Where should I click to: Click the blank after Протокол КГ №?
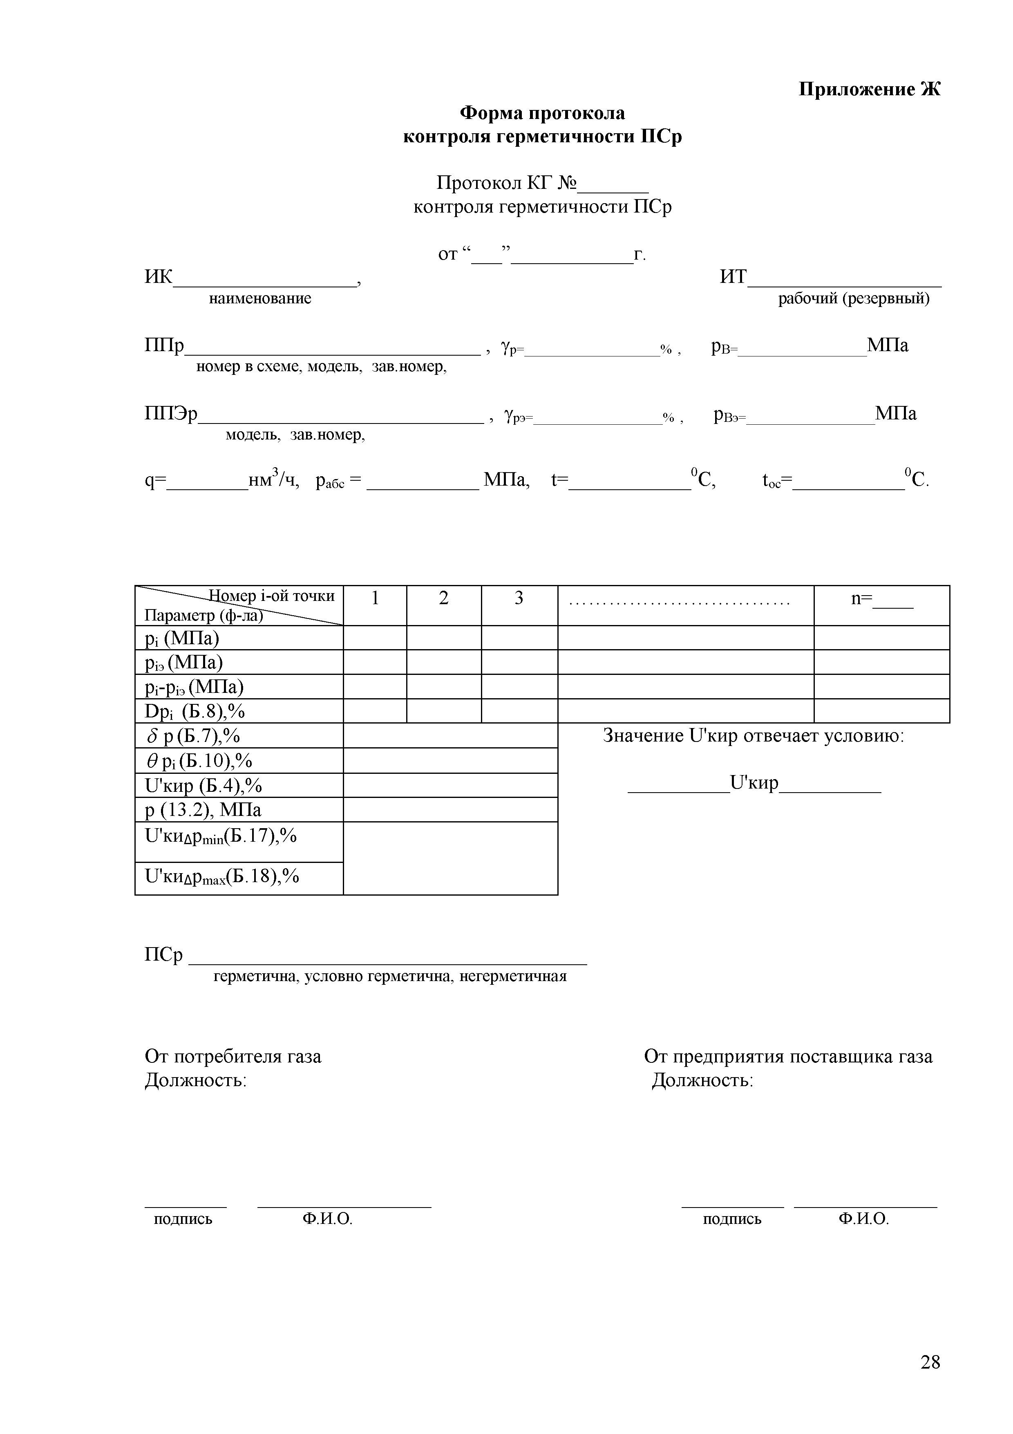tap(613, 186)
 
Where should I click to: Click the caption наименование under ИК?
tap(259, 298)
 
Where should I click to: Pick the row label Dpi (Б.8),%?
tap(194, 711)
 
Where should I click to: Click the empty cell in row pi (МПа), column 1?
tap(374, 638)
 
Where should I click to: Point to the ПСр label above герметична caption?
tap(163, 955)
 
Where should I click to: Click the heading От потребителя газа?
tap(233, 1056)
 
